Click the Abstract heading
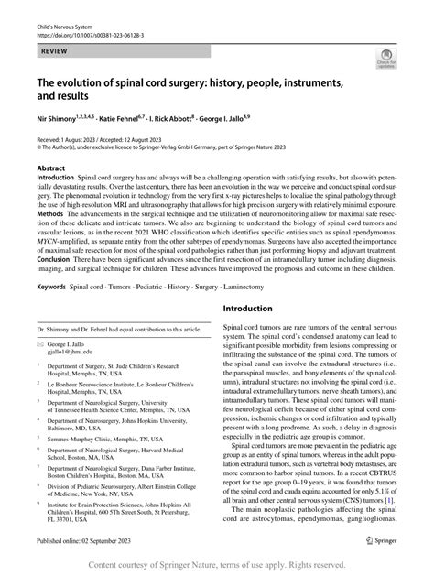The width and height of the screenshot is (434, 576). click(50, 168)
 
